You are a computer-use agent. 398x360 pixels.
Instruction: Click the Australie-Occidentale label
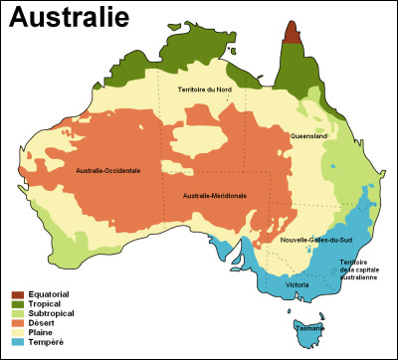pos(107,170)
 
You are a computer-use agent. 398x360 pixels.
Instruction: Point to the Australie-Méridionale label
pos(215,196)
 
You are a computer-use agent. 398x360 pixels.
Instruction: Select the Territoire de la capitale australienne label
pos(357,270)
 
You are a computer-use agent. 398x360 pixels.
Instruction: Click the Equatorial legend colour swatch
pos(17,294)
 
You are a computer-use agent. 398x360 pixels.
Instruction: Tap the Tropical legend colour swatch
pos(17,305)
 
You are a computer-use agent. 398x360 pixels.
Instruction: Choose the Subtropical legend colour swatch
pos(17,315)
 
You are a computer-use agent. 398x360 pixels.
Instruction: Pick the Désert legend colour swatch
pos(17,325)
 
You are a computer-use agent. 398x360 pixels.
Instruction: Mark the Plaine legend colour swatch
pos(17,335)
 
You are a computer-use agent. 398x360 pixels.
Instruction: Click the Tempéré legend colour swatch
pos(17,345)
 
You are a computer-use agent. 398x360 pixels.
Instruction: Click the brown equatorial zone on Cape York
pos(291,32)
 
